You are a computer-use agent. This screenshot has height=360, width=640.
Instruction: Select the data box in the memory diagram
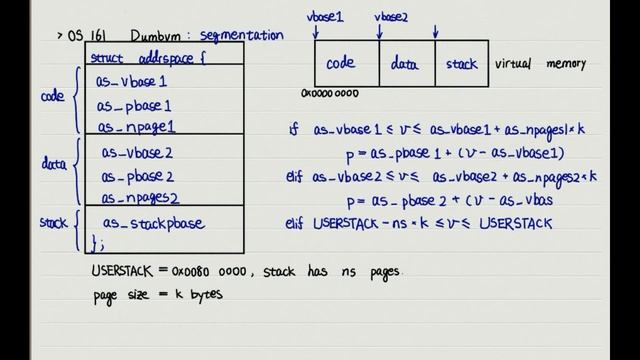coord(405,63)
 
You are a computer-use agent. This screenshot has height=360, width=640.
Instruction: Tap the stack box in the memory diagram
coord(461,63)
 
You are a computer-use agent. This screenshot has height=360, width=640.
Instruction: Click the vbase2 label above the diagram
coord(389,17)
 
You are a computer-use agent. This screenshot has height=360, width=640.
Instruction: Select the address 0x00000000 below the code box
coord(329,94)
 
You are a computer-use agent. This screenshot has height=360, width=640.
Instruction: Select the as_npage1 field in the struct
coord(136,127)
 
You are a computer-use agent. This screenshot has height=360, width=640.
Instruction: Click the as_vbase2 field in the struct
coord(137,152)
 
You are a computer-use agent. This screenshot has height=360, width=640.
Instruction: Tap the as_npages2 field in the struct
coord(142,198)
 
